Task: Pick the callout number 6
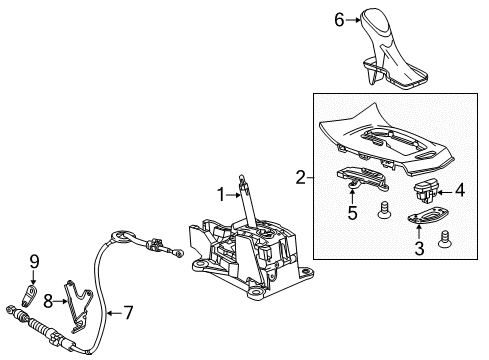point(367,19)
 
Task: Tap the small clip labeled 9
point(30,296)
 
